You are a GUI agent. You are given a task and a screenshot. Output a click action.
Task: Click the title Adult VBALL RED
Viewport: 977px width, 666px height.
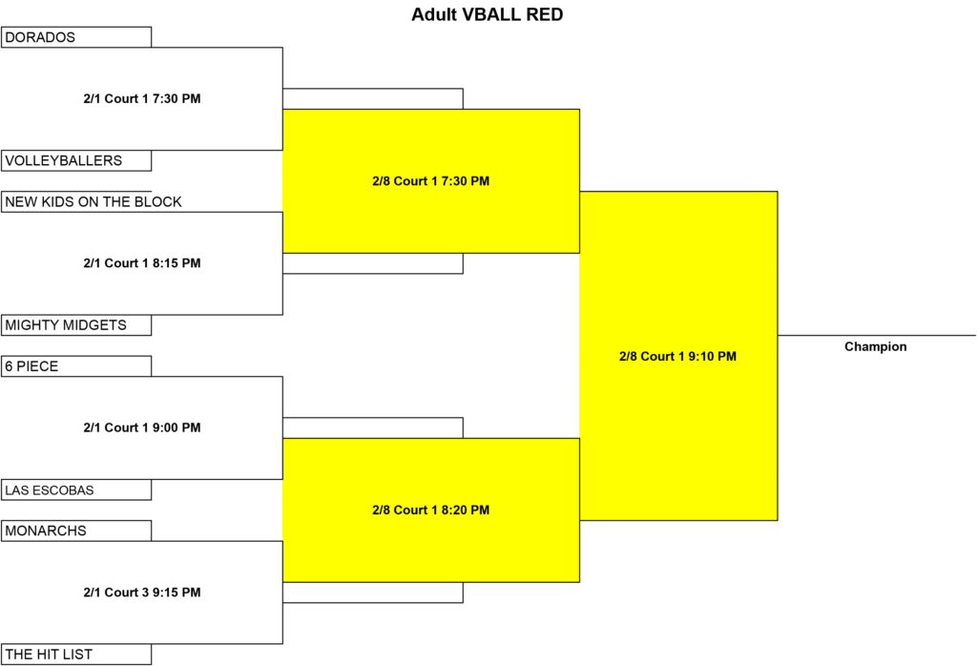coord(487,14)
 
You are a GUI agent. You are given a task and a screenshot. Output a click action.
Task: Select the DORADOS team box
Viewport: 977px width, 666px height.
coord(76,37)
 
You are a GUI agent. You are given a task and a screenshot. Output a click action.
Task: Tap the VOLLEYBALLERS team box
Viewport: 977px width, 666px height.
coord(76,160)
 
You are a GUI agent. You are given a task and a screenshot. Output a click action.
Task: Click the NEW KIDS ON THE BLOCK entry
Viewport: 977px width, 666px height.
coord(93,202)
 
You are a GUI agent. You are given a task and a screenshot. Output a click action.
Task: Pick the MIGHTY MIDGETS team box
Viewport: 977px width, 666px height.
coord(76,325)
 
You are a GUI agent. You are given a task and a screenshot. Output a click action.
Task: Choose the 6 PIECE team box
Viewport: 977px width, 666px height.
coord(76,366)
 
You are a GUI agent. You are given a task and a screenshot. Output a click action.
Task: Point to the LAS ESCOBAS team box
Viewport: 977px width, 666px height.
coord(76,489)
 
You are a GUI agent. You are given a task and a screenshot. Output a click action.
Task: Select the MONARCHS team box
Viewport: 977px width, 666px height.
coord(76,531)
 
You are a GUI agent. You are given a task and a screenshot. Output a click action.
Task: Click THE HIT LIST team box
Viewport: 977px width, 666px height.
coord(76,655)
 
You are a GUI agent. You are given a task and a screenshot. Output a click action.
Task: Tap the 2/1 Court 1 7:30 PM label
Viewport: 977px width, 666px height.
coord(142,98)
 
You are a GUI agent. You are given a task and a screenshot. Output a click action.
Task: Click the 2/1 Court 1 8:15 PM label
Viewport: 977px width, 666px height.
coord(142,263)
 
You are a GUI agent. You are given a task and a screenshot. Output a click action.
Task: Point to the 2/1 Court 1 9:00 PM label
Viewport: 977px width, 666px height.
coord(142,427)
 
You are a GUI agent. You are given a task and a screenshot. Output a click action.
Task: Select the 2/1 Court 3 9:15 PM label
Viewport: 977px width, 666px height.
coord(142,592)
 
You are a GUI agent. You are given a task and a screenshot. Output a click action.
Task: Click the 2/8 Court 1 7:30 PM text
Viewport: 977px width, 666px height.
coord(430,181)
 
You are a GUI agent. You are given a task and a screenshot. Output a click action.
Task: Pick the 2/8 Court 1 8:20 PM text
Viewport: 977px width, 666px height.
coord(430,510)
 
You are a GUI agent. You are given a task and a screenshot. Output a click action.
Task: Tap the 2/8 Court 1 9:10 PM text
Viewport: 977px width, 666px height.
coord(677,356)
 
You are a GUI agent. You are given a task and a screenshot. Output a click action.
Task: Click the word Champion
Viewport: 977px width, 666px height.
coord(876,346)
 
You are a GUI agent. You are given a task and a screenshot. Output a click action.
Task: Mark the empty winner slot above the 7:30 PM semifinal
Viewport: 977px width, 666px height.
coord(373,99)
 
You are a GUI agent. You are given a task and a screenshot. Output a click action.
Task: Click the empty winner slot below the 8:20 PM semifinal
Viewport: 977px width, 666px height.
coord(373,593)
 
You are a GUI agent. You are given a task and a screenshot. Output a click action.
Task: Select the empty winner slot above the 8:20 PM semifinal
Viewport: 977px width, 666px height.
coord(373,428)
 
